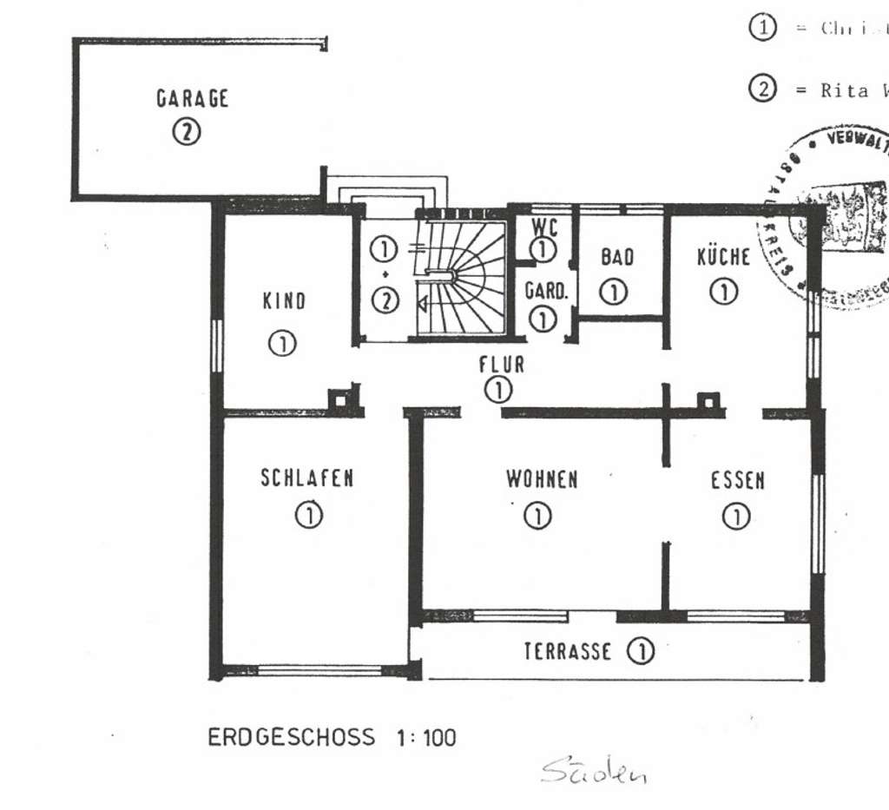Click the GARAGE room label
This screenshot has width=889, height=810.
pos(192,98)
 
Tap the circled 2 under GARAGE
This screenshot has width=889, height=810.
pos(186,132)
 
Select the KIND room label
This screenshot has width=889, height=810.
pos(284,301)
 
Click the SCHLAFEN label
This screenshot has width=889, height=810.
pos(306,478)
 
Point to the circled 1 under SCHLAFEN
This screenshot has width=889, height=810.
pos(308,516)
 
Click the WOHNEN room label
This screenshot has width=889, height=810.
pos(542,479)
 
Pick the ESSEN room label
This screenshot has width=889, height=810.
pos(738,481)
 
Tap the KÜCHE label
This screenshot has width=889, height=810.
pos(723,257)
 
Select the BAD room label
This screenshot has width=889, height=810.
pos(616,258)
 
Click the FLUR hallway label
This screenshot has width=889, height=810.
pos(501,365)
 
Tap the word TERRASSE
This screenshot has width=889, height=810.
pos(567,651)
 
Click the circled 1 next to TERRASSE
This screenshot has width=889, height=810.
pos(640,651)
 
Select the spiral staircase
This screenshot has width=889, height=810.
pos(461,278)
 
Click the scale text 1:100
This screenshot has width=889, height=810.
pos(425,739)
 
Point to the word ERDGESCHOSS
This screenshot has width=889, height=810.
pos(292,739)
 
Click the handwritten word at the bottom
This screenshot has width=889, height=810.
pos(594,770)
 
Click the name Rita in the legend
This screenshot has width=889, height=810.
pos(844,90)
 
